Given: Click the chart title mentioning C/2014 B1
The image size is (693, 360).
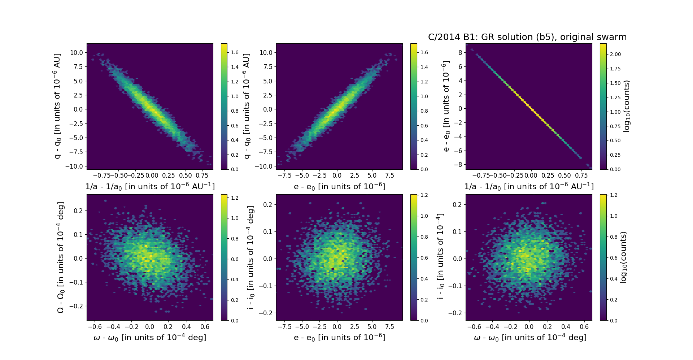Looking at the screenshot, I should coord(527,37).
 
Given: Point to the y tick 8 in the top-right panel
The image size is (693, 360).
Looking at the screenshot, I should coord(460,52).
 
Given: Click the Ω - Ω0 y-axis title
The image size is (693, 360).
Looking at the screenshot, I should coord(61,257).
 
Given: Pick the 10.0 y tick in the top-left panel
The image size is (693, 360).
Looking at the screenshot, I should coord(76,53).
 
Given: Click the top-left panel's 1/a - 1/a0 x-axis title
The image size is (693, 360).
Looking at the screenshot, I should coord(150,186).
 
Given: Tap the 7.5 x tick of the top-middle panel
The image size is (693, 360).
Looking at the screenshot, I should coord(389,175).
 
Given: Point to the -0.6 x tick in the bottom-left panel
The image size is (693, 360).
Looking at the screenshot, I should coord(95,327).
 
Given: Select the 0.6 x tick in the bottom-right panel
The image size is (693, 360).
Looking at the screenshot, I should coord(584,327).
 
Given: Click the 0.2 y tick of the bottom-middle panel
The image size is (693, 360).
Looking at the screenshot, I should coord(267,204).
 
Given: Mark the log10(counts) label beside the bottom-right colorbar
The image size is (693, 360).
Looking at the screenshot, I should coord(623,257).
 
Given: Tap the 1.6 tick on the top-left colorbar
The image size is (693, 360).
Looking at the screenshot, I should coord(235,52).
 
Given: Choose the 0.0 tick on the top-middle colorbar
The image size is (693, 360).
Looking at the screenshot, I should coord(424,169).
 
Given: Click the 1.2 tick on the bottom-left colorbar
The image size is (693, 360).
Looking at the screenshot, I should coord(235,198).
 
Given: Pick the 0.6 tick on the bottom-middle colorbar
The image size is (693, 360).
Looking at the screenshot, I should coord(424,258).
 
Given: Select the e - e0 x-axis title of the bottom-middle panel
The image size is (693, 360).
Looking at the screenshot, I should coord(339,337).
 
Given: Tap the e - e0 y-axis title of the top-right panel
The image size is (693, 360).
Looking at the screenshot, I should coord(446,106).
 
